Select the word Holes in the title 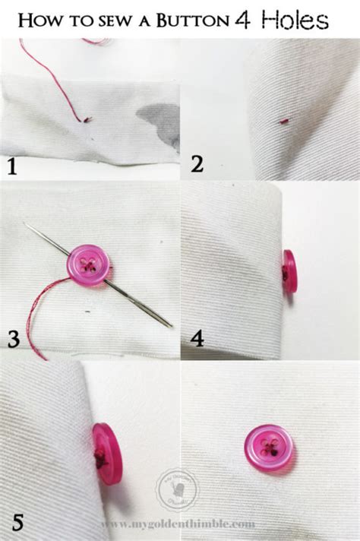[298, 20]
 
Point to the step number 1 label [11, 166]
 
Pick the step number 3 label [13, 340]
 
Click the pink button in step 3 [87, 265]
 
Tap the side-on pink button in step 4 [289, 271]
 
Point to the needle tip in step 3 [26, 224]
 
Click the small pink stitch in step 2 [284, 120]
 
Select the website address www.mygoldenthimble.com [177, 524]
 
